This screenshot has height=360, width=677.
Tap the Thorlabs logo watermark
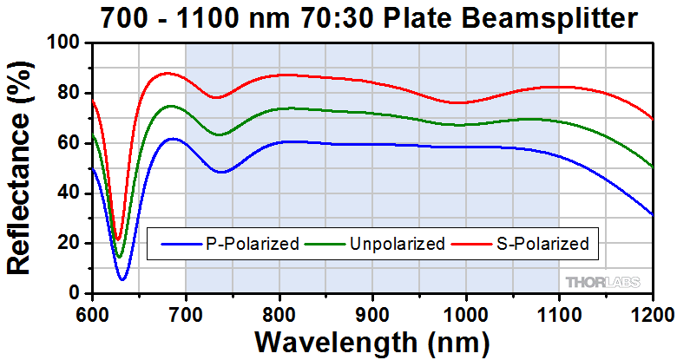pyautogui.click(x=603, y=281)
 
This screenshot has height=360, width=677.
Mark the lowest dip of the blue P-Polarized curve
pyautogui.click(x=122, y=279)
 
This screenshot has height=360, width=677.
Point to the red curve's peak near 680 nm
pyautogui.click(x=166, y=74)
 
